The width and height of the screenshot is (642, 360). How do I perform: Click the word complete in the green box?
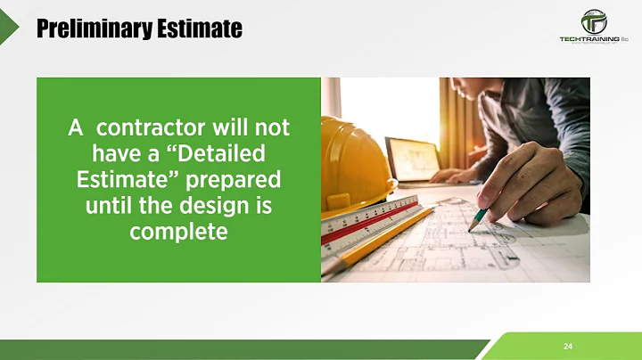[x=178, y=233]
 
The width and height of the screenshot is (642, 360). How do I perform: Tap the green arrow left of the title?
[x=9, y=29]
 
